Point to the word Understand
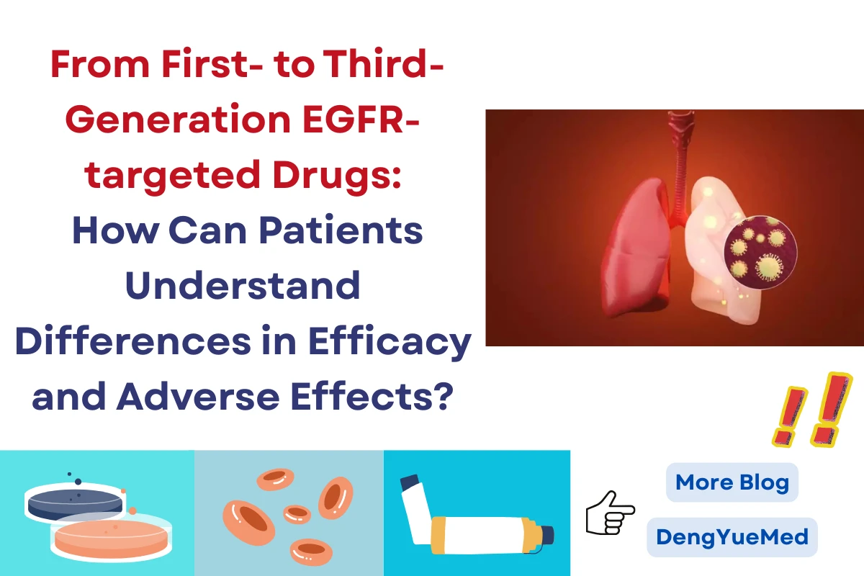click(x=243, y=285)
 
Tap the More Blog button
click(x=732, y=482)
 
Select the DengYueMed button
click(x=732, y=536)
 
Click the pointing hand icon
click(x=610, y=512)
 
